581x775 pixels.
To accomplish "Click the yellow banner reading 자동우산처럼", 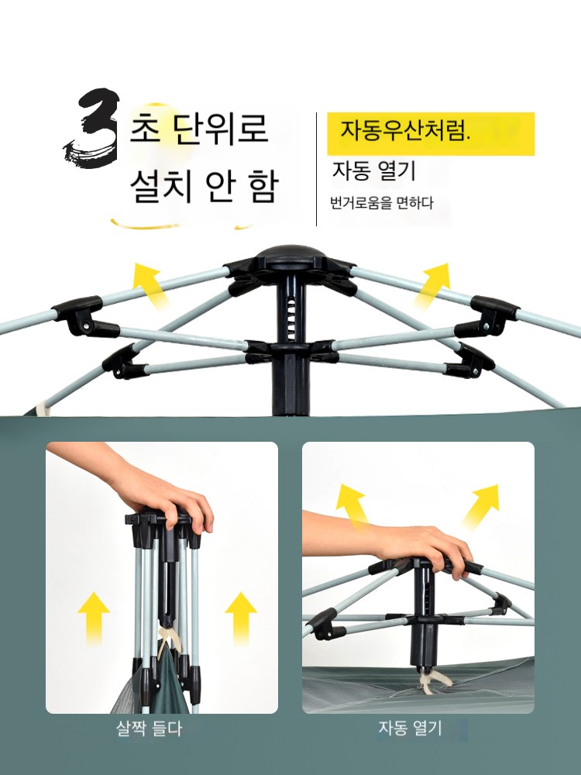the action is tap(430, 134).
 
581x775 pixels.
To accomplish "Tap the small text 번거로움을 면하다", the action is tap(381, 202).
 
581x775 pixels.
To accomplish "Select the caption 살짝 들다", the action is tap(150, 728).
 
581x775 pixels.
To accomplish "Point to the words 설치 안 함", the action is tap(205, 187).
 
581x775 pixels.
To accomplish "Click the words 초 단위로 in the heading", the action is tap(198, 128).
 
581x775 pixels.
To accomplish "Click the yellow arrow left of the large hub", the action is tap(151, 285).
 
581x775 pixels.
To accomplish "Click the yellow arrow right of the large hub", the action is tap(431, 284).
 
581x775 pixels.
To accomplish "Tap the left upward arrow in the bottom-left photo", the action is tap(94, 618).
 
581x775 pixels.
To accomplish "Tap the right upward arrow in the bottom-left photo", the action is tap(241, 617).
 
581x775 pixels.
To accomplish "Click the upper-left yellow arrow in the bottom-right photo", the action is tap(352, 507).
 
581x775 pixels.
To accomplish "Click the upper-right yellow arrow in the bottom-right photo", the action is tap(480, 506).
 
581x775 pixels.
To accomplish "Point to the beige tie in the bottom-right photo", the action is tap(428, 680).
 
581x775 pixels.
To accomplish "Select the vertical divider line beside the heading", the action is tap(316, 169).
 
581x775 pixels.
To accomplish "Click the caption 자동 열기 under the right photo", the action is tap(410, 728).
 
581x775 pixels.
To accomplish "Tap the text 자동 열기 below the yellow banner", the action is tap(374, 171).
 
